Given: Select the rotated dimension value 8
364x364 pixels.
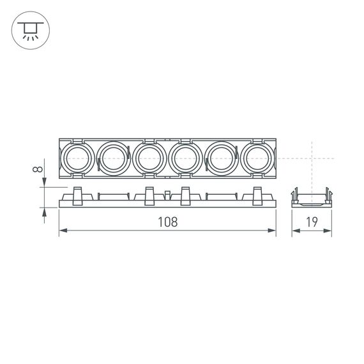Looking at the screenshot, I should coord(38,169).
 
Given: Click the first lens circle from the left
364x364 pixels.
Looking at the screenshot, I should coord(77,158).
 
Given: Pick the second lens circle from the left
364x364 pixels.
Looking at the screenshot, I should coord(114,158).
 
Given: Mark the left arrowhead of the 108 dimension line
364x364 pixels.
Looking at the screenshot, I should coord(63,231).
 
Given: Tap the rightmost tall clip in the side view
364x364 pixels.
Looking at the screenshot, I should coord(257,195).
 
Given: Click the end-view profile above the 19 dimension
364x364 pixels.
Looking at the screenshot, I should coord(312,197).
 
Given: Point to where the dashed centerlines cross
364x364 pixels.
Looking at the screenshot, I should coord(312,158).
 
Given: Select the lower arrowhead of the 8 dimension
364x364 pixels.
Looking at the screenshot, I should coord(44,212).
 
